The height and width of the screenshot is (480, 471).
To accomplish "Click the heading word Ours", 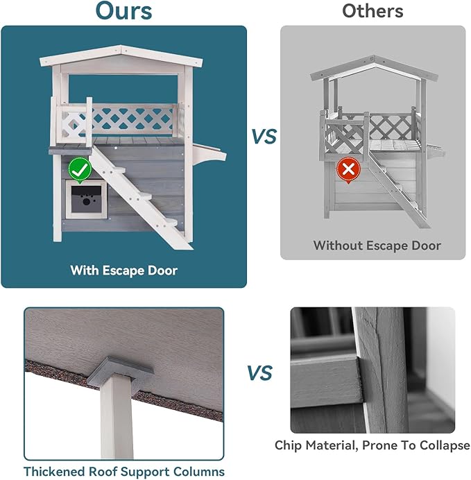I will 123,11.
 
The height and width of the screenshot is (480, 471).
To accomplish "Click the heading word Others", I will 372,11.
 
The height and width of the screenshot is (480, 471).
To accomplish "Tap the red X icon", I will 346,169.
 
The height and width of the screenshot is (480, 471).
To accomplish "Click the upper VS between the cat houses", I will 264,137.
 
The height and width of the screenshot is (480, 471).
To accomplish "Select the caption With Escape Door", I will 123,271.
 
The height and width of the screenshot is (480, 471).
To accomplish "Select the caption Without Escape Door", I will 377,246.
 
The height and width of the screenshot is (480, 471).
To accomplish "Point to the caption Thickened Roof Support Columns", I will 124,472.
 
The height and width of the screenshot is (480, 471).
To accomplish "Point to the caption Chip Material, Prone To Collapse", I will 372,446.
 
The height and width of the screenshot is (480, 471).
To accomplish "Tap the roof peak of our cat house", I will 122,49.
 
